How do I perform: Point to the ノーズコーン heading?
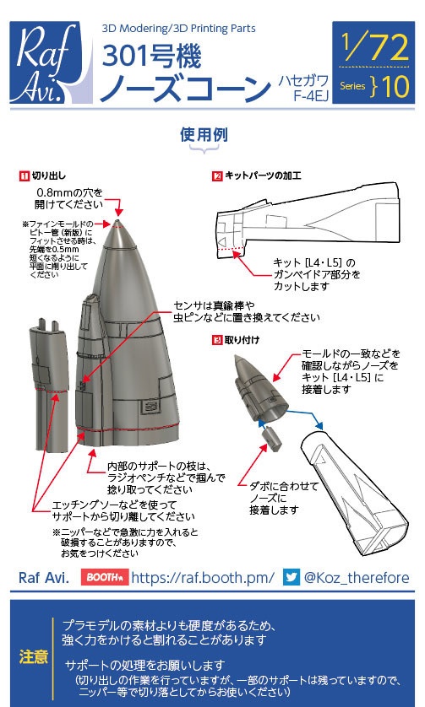(183, 89)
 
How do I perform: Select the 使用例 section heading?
(206, 135)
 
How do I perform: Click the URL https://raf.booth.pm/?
(203, 578)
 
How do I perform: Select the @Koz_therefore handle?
(356, 578)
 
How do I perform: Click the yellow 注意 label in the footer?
(33, 656)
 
